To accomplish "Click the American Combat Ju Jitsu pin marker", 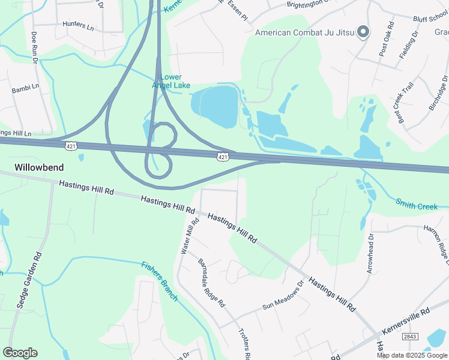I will tap(363, 32).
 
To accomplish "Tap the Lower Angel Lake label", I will tap(175, 81).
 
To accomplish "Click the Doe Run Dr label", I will tap(34, 47).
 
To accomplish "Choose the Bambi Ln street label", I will tap(25, 90).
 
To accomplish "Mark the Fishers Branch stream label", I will tap(160, 281).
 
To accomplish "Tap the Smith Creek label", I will tap(417, 206).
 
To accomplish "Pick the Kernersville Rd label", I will tap(406, 322).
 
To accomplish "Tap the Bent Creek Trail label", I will tap(407, 103).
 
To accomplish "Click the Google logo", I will tap(20, 353).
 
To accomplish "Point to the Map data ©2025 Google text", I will tap(412, 355).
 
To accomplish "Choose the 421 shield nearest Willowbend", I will tap(71, 146).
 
